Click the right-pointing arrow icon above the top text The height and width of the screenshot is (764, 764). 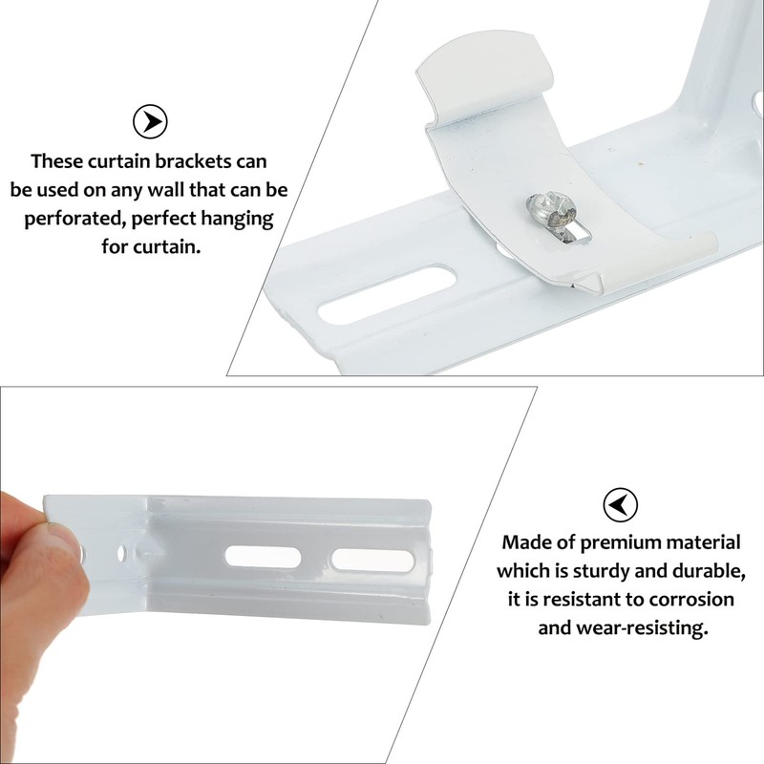click(x=150, y=121)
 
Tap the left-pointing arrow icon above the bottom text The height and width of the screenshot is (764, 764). click(x=621, y=504)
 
